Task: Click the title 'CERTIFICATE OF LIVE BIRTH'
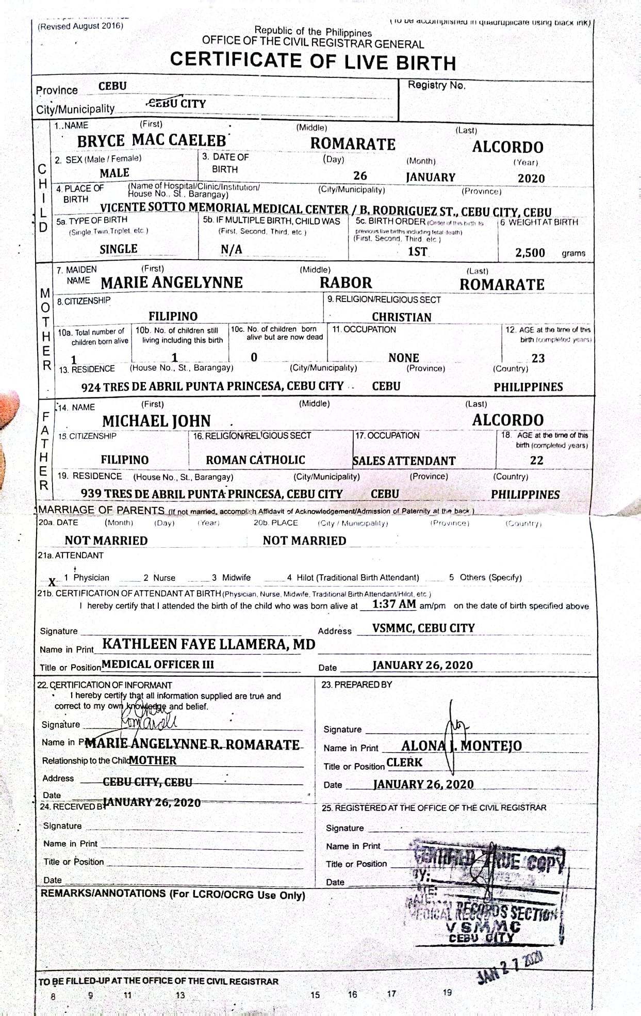pyautogui.click(x=313, y=61)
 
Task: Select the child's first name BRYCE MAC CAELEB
pyautogui.click(x=152, y=140)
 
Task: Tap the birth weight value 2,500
pyautogui.click(x=530, y=252)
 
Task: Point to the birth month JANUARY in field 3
pyautogui.click(x=430, y=177)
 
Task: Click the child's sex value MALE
pyautogui.click(x=114, y=173)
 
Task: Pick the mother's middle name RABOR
pyautogui.click(x=346, y=283)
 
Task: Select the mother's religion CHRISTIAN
pyautogui.click(x=401, y=317)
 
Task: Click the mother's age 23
pyautogui.click(x=538, y=358)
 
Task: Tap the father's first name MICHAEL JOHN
pyautogui.click(x=156, y=421)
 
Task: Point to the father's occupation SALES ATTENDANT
pyautogui.click(x=404, y=461)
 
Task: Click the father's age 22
pyautogui.click(x=536, y=460)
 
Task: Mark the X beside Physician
pyautogui.click(x=52, y=582)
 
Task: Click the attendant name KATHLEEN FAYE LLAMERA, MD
pyautogui.click(x=208, y=644)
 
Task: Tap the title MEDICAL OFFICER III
pyautogui.click(x=158, y=664)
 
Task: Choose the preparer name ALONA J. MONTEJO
pyautogui.click(x=461, y=745)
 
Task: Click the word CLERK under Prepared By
pyautogui.click(x=404, y=763)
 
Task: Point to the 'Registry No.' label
pyautogui.click(x=436, y=85)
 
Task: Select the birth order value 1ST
pyautogui.click(x=417, y=251)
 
